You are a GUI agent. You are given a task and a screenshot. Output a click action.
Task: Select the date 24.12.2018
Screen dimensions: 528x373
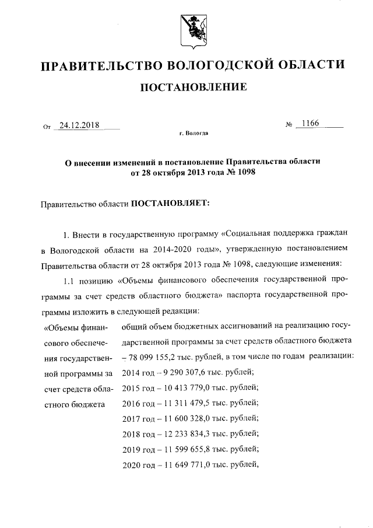[x=79, y=125]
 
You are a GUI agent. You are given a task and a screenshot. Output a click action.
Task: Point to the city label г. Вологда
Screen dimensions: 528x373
[x=193, y=134]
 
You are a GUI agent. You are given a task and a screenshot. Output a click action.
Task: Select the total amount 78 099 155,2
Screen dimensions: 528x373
[x=156, y=356]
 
